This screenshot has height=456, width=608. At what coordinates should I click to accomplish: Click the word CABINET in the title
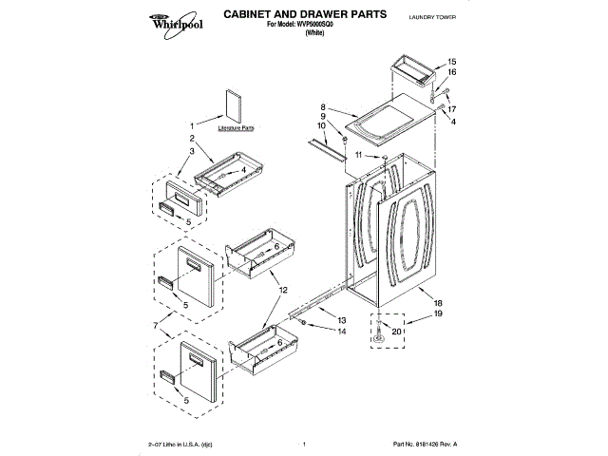coord(250,14)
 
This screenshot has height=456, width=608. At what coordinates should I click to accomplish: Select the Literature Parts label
coord(236,126)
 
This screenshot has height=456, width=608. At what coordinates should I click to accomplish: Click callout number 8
coord(324,107)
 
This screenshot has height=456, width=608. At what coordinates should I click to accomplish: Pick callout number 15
coord(451,62)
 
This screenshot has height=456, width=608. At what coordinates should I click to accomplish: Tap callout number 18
coord(439,301)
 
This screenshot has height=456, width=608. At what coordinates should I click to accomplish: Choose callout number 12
coord(284,288)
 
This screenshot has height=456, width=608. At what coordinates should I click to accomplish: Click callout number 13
coord(341,320)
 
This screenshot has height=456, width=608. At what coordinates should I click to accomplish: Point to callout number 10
coord(321,125)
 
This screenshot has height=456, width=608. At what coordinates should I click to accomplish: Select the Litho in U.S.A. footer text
coord(186,444)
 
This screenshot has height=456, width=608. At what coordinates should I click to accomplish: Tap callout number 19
coord(439,313)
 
